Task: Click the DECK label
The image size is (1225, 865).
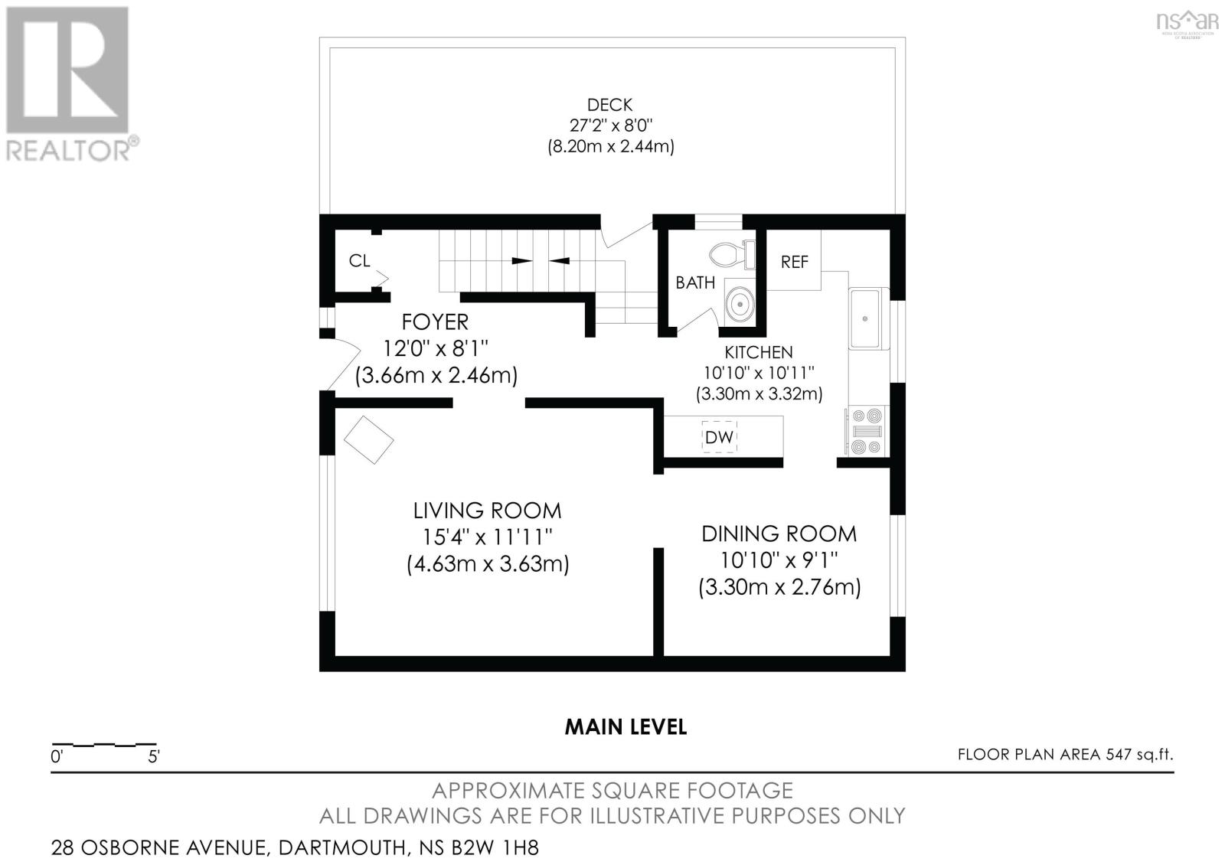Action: point(609,105)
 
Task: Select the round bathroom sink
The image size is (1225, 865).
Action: point(740,305)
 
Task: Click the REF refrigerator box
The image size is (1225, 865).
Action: point(794,261)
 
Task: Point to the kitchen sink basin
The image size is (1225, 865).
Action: point(868,318)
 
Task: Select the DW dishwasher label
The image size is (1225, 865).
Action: point(719,437)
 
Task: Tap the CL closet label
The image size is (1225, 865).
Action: point(359,260)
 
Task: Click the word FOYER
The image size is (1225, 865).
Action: point(436,322)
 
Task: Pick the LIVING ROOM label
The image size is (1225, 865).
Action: point(487,511)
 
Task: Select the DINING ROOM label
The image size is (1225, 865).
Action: point(779,534)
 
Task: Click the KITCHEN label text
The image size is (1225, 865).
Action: point(759,352)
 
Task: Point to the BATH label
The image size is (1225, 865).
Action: point(695,282)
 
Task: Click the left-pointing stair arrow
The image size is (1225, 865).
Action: point(560,261)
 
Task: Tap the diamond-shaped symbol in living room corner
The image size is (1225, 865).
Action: point(368,439)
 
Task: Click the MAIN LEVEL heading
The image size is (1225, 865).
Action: point(626,726)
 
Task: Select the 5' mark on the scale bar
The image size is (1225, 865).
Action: point(154,757)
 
